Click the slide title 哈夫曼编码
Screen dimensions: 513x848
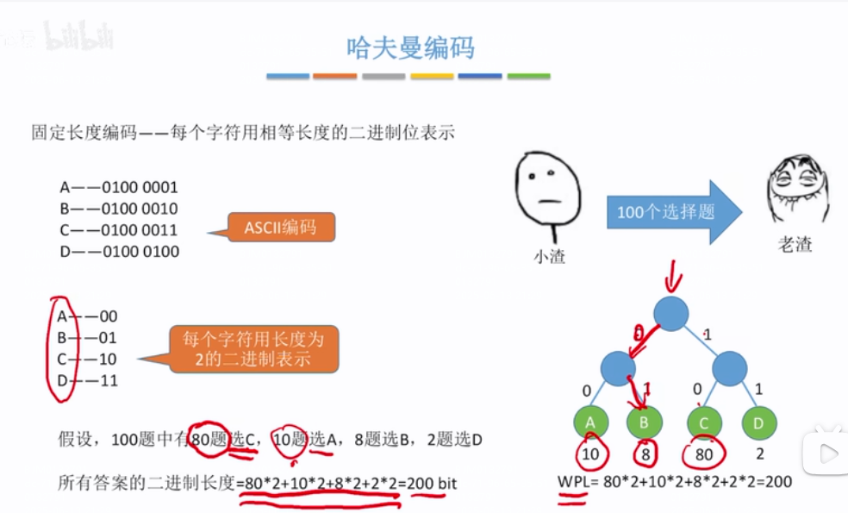point(409,47)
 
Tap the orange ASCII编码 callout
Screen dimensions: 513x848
point(280,228)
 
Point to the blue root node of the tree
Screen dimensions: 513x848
point(671,314)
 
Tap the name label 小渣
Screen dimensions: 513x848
point(549,256)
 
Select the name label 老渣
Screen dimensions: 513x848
point(795,245)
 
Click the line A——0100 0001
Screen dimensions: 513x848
point(118,187)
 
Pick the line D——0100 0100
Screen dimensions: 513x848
point(119,252)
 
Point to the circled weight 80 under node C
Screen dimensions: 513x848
point(704,454)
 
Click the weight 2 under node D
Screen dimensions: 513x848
point(759,454)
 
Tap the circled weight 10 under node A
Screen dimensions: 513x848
point(591,454)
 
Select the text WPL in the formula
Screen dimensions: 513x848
point(573,482)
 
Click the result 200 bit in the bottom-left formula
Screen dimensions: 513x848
point(433,483)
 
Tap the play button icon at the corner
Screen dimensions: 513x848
point(825,453)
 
